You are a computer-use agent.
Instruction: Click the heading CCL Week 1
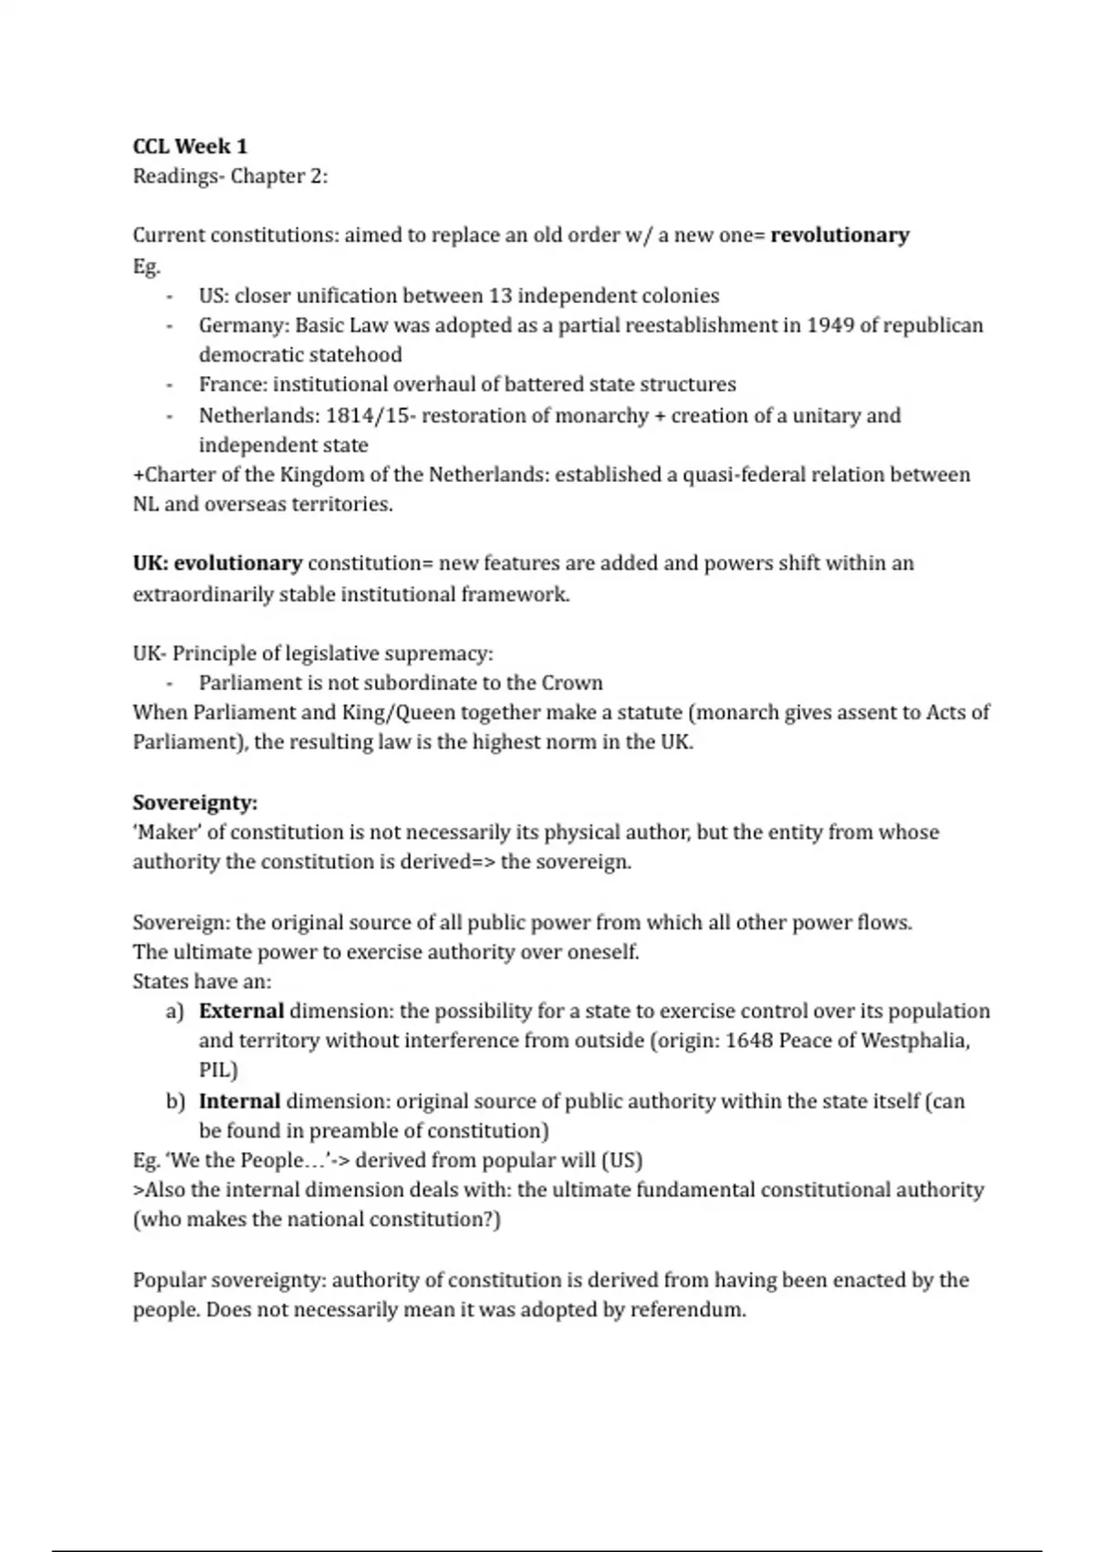(190, 146)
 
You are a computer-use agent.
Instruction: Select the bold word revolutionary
(839, 235)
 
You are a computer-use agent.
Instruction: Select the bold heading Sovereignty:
(195, 802)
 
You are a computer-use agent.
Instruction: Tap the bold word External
(241, 1011)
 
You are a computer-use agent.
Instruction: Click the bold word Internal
(239, 1101)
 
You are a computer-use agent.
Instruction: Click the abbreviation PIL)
(218, 1070)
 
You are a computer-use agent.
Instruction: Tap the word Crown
(572, 683)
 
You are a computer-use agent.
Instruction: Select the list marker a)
(174, 1011)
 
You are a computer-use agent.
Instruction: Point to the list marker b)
(175, 1101)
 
